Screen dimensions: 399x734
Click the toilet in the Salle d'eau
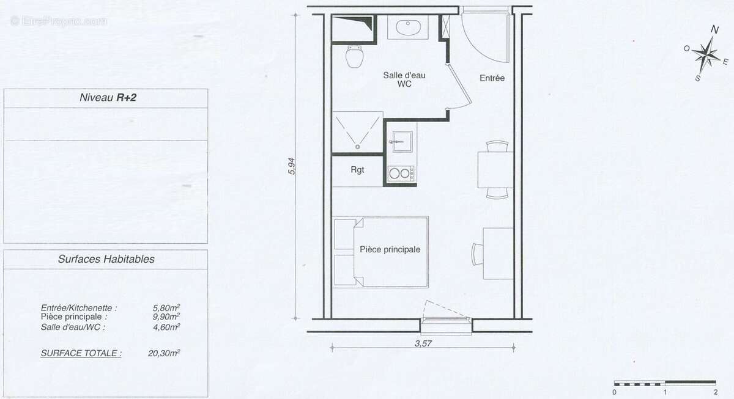(x=354, y=57)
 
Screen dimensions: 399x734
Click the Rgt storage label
(x=358, y=170)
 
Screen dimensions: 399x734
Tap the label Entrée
(x=492, y=78)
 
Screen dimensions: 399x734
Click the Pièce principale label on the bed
(x=390, y=249)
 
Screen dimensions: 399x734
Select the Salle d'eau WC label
(x=404, y=79)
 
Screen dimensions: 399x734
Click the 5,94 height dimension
(x=292, y=167)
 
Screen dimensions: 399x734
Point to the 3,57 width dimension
(x=423, y=343)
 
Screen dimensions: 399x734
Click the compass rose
(x=706, y=55)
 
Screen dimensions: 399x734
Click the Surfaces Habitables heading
(x=106, y=259)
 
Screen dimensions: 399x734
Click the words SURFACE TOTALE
(x=81, y=353)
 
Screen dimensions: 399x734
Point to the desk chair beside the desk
(x=477, y=254)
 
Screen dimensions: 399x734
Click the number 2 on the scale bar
(x=714, y=392)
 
